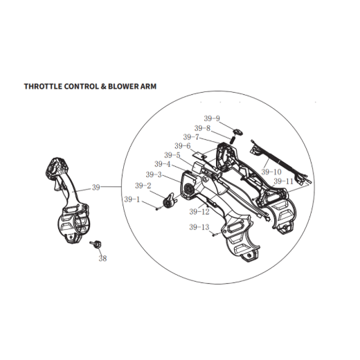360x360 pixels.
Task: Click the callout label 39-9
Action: [x=212, y=118]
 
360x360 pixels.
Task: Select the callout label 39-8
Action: [x=202, y=128]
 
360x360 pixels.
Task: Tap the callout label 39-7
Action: [x=191, y=137]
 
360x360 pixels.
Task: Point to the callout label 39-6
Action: [x=183, y=146]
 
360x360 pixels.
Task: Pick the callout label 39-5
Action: [x=172, y=155]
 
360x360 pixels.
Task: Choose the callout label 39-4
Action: [x=163, y=164]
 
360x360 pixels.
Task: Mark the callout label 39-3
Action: [x=154, y=174]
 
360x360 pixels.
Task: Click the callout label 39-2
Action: [x=143, y=186]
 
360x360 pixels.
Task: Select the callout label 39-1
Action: [x=132, y=199]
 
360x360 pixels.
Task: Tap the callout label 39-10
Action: [x=271, y=172]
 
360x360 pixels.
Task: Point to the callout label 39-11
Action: [x=283, y=181]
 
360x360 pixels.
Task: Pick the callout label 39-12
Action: [x=199, y=212]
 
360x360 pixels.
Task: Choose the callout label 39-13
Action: [x=199, y=227]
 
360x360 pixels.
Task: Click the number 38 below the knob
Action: [x=102, y=258]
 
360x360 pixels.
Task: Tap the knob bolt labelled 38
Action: [x=96, y=244]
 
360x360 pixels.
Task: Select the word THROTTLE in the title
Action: [x=43, y=87]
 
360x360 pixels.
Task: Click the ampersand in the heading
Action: [x=103, y=87]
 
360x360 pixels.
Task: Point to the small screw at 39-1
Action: [x=157, y=209]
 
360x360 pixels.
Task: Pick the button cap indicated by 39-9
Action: [x=238, y=132]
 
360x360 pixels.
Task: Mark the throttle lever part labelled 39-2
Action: [x=170, y=200]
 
